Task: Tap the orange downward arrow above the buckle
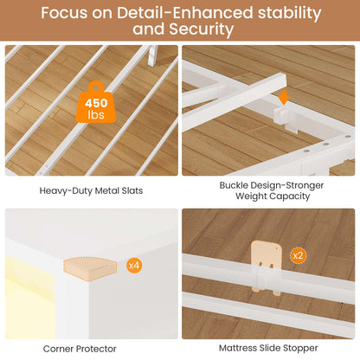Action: pyautogui.click(x=284, y=97)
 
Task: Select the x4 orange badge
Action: pyautogui.click(x=134, y=265)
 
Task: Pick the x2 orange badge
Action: pyautogui.click(x=298, y=255)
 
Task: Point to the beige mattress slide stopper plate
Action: pyautogui.click(x=266, y=266)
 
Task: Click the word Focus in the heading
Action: pyautogui.click(x=64, y=13)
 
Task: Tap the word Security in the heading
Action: pyautogui.click(x=202, y=29)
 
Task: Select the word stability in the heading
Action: pyautogui.click(x=289, y=13)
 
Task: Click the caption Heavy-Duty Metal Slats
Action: pyautogui.click(x=91, y=190)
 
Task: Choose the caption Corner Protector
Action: pyautogui.click(x=80, y=349)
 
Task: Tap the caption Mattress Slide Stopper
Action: pyautogui.click(x=268, y=348)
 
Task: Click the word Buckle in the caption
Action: pyautogui.click(x=234, y=185)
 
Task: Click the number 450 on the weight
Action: pyautogui.click(x=96, y=103)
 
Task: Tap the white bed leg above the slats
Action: pyautogui.click(x=152, y=55)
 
